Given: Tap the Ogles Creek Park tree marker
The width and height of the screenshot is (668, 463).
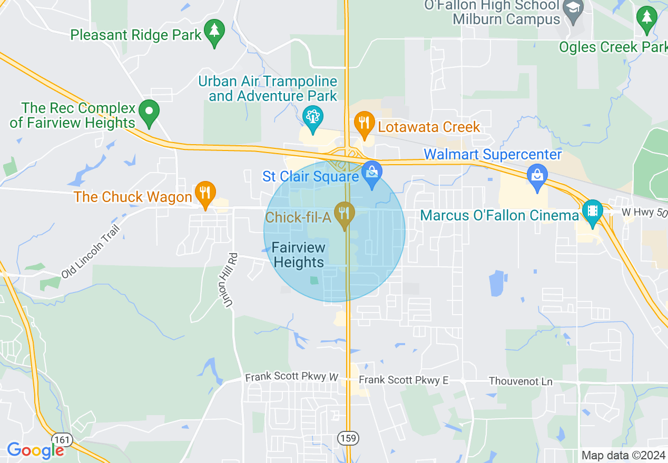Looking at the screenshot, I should tap(646, 18).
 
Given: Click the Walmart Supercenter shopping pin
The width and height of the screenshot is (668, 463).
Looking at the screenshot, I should tap(537, 176).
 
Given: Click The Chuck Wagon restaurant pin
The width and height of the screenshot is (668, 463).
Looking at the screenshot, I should tap(204, 193).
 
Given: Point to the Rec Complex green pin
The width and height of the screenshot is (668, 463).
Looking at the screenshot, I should tap(149, 112).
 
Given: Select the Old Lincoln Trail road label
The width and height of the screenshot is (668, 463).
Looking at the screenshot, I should tap(91, 251).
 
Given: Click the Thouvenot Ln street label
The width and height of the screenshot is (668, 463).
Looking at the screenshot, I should tap(520, 381).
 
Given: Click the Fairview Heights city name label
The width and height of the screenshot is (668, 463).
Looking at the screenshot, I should tap(299, 255).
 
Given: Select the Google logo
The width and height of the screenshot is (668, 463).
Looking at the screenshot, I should tap(35, 450).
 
